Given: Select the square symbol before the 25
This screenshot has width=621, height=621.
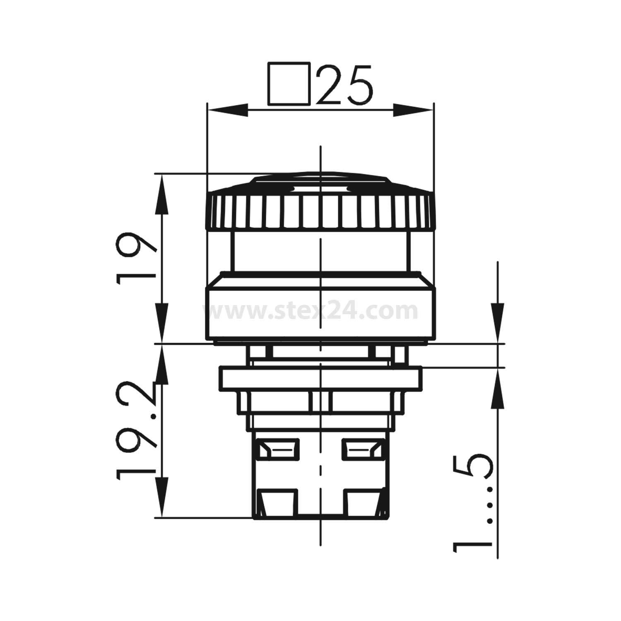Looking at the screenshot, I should [x=289, y=84].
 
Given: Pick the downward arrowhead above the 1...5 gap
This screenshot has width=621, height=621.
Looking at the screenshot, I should [x=498, y=325].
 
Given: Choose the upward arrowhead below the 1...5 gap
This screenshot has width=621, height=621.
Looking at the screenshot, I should [x=498, y=387].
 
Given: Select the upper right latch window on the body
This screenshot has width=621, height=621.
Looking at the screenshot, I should [x=361, y=450].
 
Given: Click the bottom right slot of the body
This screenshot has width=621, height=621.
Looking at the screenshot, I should [x=362, y=503].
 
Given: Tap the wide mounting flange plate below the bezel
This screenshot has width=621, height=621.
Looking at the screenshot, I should [x=321, y=378].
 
